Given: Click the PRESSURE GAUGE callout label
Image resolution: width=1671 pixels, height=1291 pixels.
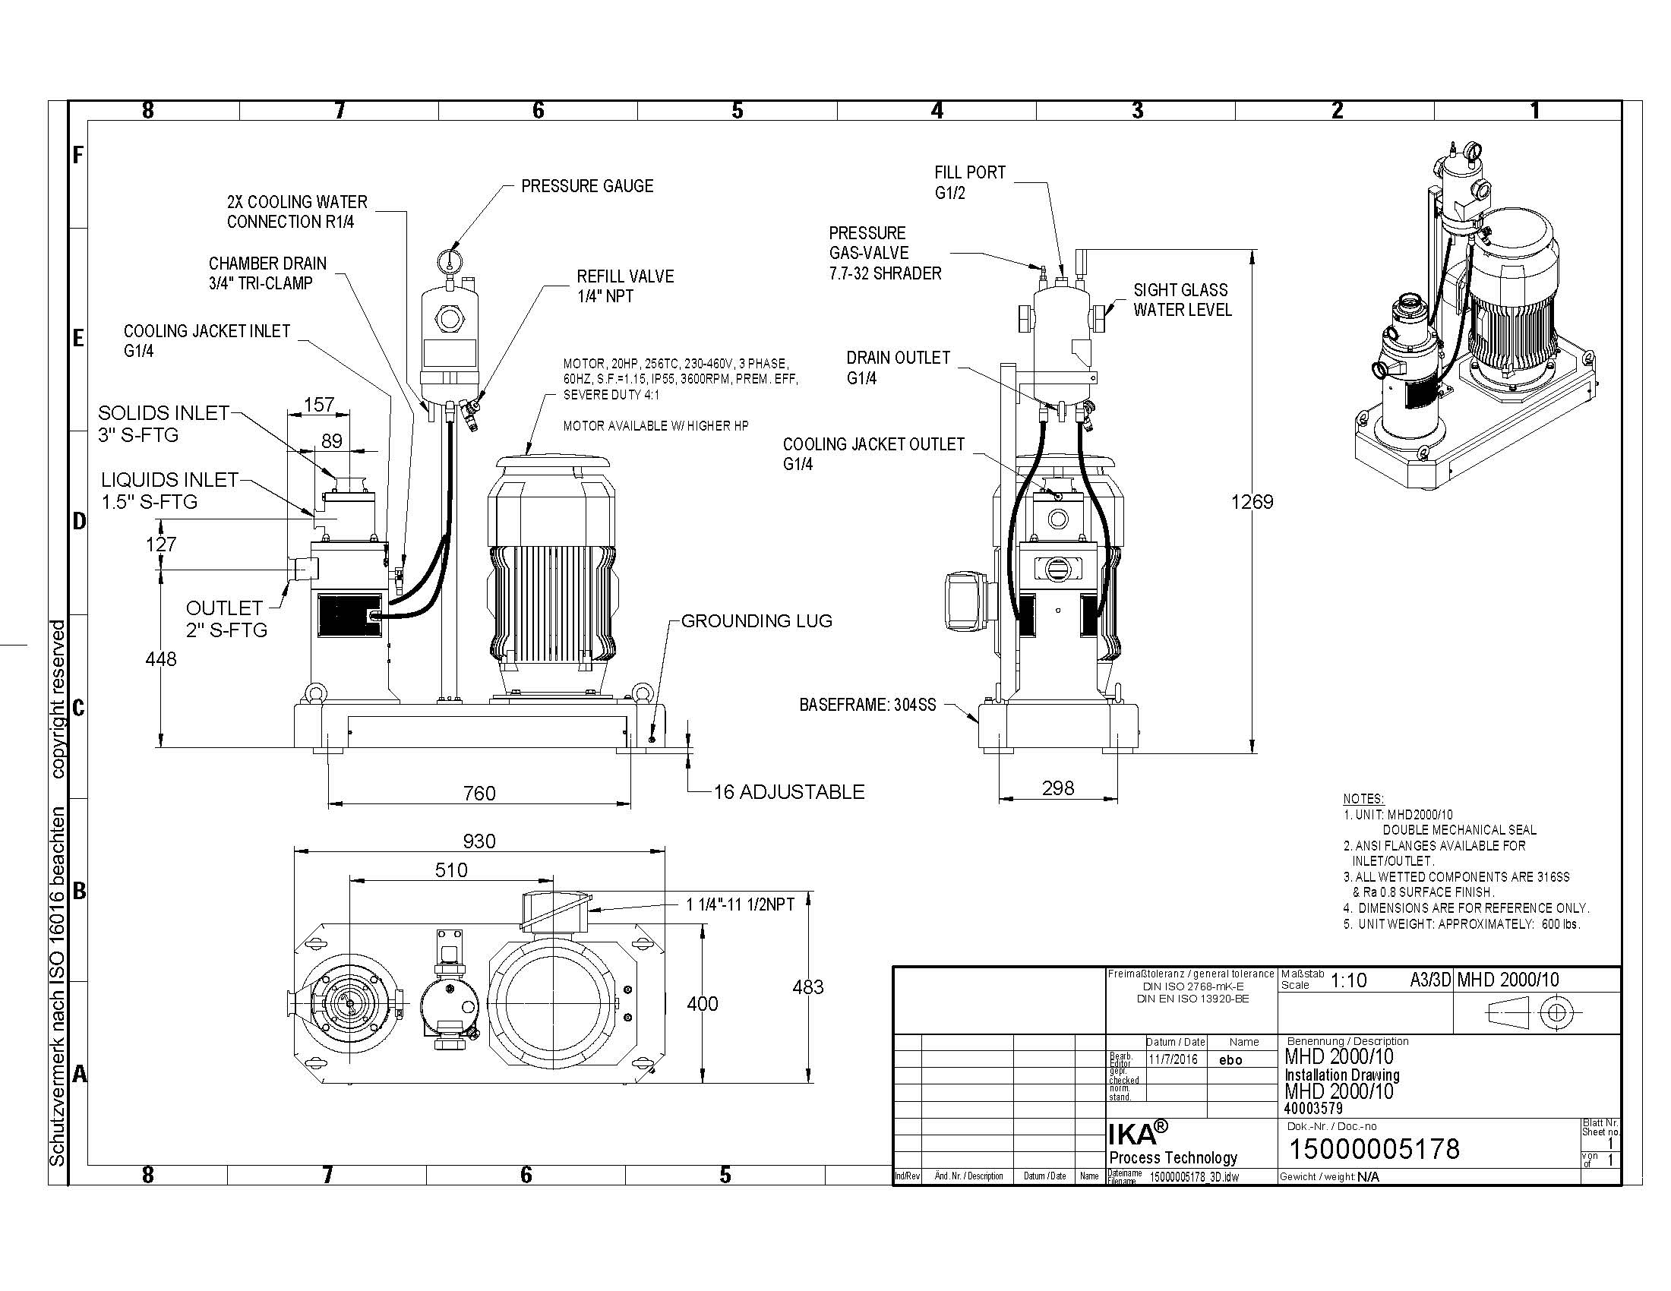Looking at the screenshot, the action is click(587, 186).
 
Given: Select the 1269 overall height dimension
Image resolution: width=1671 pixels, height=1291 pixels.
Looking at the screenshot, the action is click(1252, 502).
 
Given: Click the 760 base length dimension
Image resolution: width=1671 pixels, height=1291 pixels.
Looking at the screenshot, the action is click(480, 793).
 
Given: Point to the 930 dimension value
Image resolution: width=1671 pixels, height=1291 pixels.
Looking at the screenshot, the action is click(480, 841).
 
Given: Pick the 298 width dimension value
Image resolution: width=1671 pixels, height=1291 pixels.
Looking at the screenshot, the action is click(1058, 788).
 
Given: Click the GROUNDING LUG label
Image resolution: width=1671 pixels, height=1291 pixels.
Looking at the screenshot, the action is click(757, 621).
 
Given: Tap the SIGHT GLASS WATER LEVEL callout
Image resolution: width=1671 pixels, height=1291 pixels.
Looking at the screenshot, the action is click(1183, 300).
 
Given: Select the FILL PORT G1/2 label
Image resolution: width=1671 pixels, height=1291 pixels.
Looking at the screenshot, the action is click(970, 182).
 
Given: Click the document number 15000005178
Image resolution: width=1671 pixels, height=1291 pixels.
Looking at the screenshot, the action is click(1375, 1149).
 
